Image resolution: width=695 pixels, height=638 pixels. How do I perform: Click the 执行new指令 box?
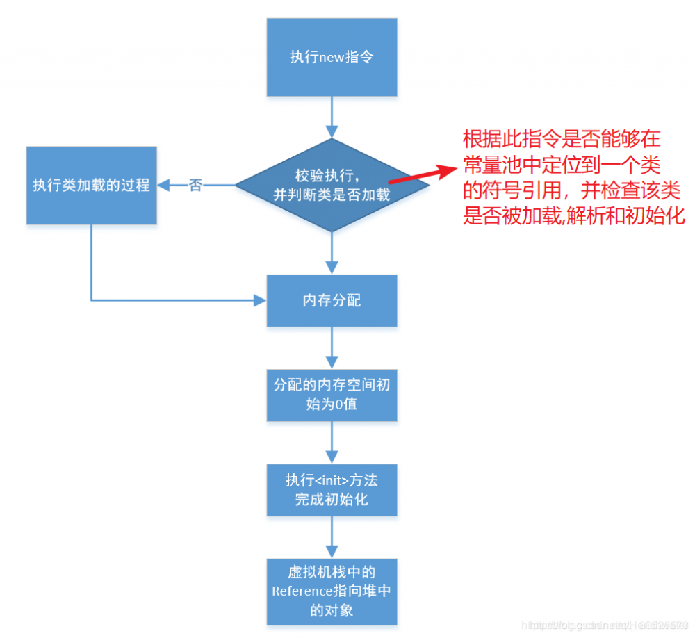[332, 57]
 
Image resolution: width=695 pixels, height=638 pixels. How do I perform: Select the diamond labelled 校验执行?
[332, 185]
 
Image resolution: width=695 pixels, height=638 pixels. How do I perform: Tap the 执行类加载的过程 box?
[92, 185]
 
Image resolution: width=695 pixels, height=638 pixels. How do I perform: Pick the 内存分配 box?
[332, 301]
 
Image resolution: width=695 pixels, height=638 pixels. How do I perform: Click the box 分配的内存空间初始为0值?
[332, 394]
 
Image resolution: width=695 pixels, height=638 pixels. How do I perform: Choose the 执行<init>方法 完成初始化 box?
[332, 489]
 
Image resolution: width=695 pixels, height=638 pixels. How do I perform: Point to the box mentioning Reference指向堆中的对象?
[332, 591]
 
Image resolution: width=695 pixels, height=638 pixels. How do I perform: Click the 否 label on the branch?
[196, 186]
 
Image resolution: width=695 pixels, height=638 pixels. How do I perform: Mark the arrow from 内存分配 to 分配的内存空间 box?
[332, 347]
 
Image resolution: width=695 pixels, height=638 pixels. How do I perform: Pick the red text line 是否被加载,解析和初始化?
[574, 215]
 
